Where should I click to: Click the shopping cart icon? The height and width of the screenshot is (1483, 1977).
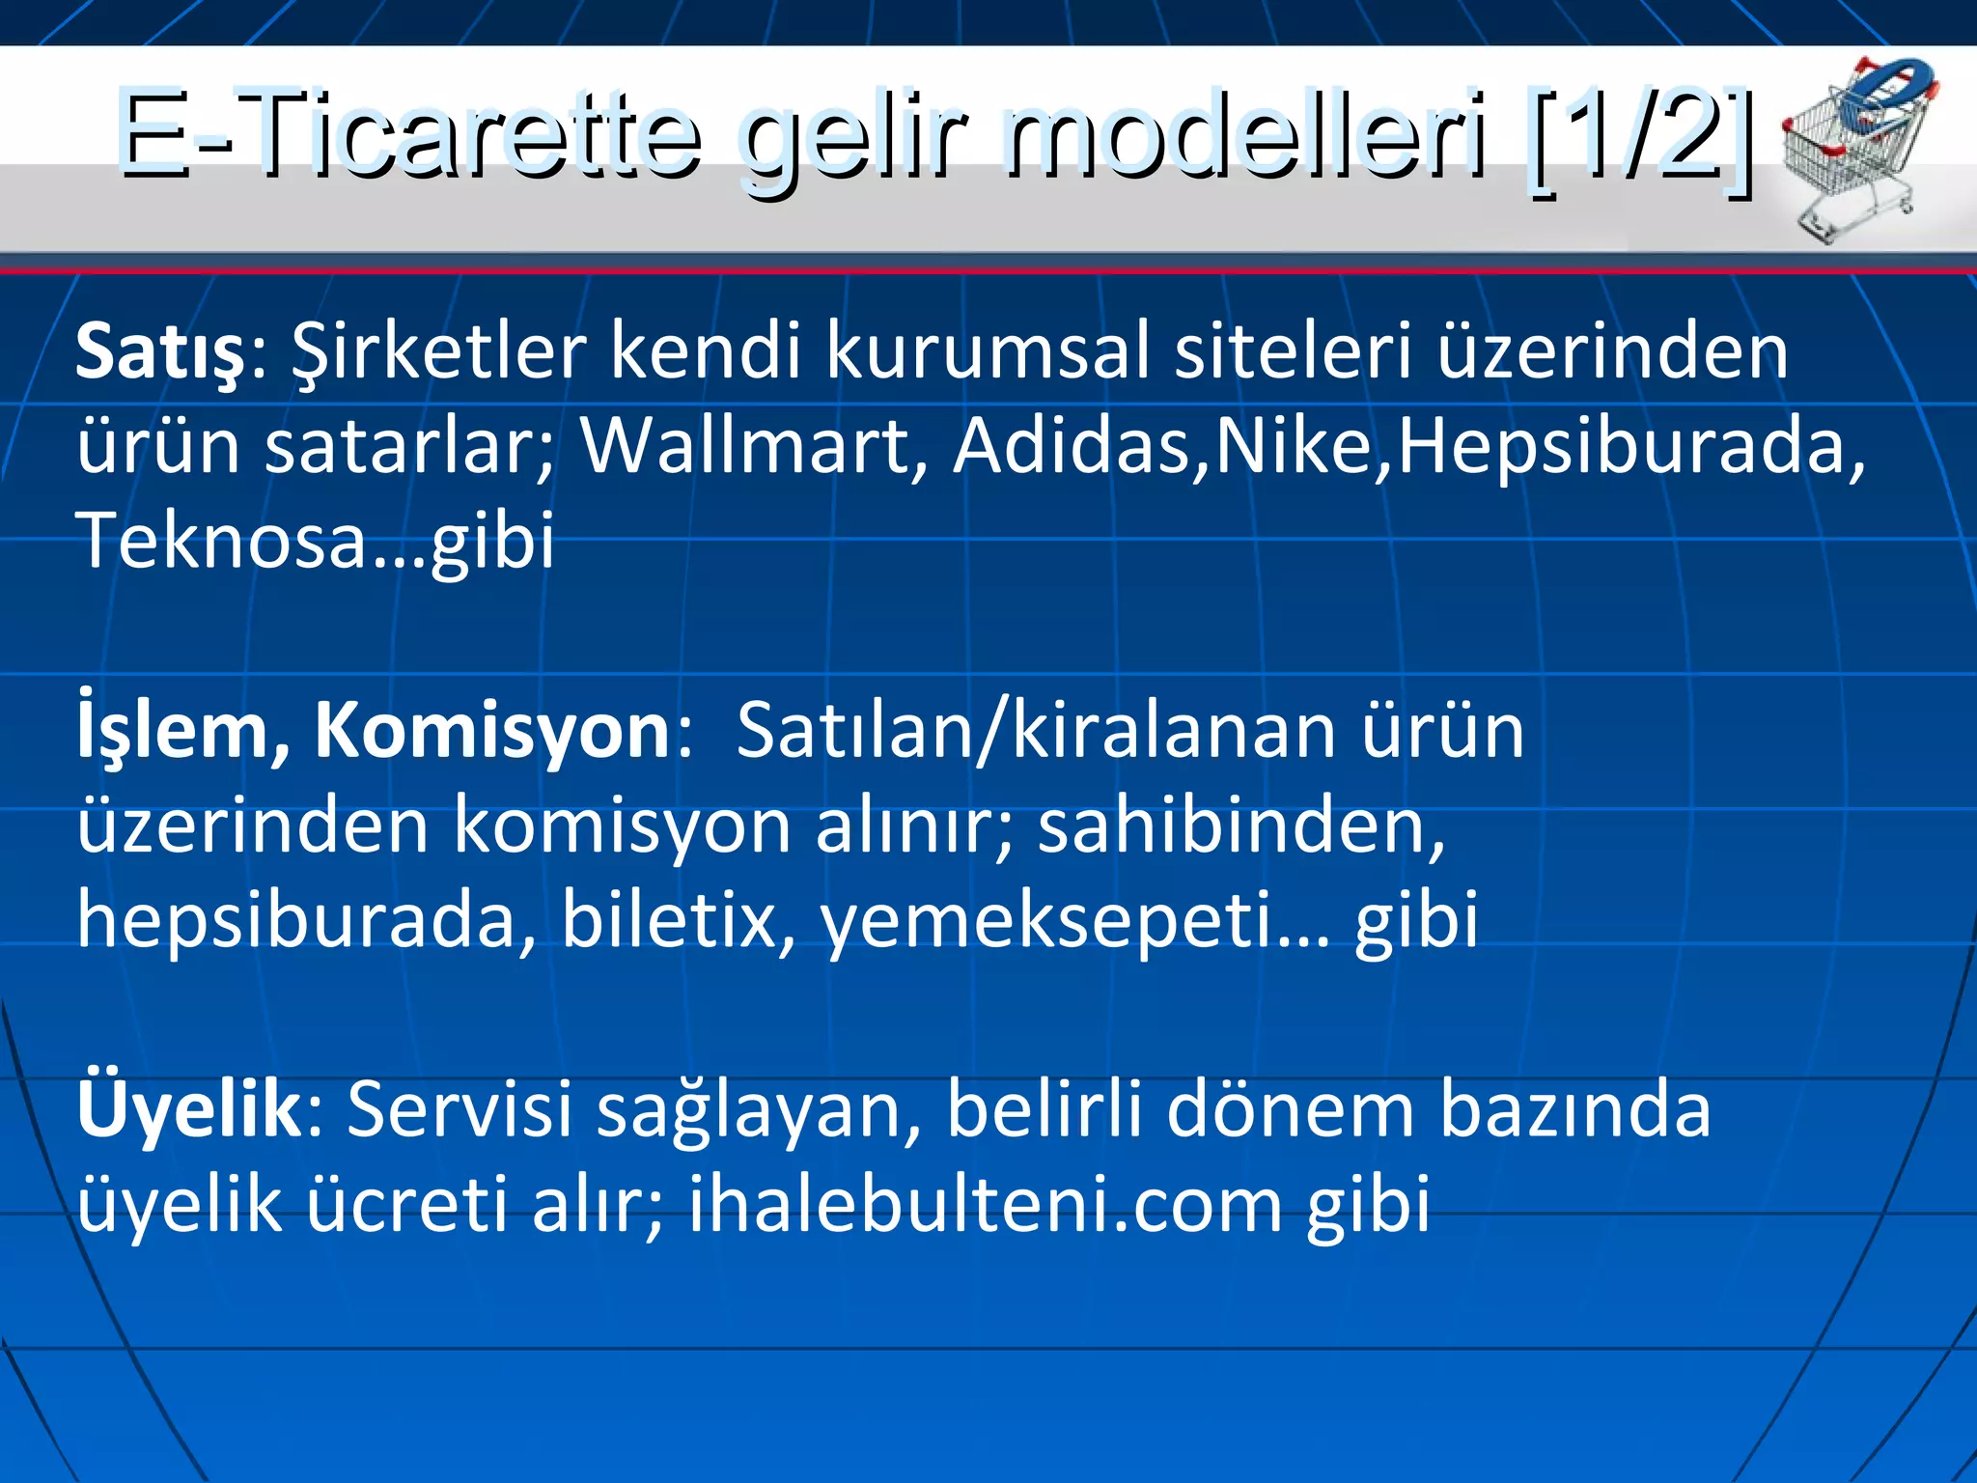click(1855, 145)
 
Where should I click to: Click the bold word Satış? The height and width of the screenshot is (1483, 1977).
click(160, 353)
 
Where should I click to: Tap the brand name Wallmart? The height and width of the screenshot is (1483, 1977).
click(744, 446)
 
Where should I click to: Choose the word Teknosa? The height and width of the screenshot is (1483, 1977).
click(222, 541)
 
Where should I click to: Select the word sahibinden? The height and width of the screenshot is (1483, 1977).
click(1232, 826)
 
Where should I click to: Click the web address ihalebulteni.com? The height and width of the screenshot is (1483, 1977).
click(985, 1205)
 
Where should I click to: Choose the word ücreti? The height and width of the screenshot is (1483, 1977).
click(406, 1205)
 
